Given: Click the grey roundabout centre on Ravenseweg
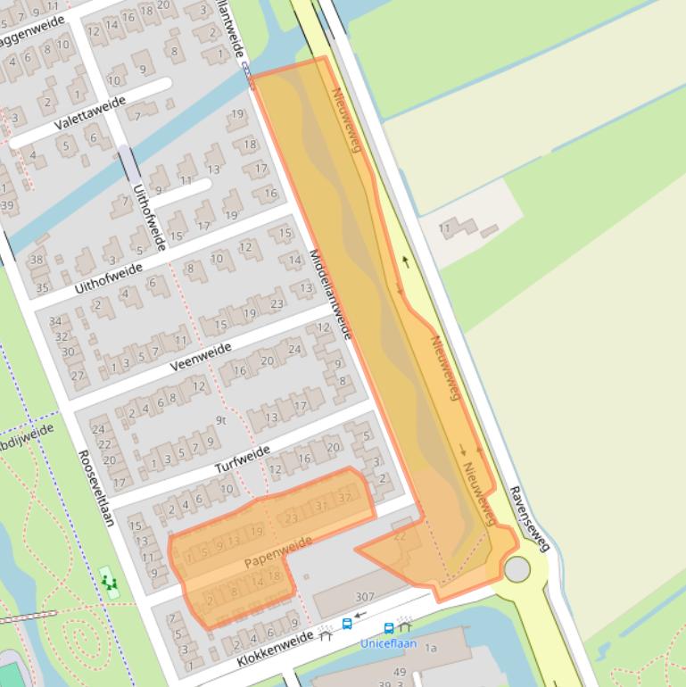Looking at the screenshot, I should [x=517, y=569].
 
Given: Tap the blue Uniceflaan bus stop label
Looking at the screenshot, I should [x=389, y=642].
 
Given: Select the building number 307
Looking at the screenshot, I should [x=365, y=597].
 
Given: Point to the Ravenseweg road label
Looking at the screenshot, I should [x=529, y=518].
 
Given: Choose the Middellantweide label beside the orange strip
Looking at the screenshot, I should [x=331, y=294].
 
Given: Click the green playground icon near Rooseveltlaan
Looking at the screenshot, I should [x=110, y=582].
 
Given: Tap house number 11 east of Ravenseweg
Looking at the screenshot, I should [x=444, y=228].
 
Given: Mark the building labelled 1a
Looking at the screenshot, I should [x=431, y=649].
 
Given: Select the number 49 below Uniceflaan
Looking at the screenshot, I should [x=400, y=672].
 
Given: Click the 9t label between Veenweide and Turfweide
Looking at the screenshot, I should [x=222, y=420].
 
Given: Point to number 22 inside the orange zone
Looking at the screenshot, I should [x=400, y=535].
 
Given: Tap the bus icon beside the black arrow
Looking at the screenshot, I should [x=347, y=625].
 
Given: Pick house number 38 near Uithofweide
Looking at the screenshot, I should [x=37, y=261].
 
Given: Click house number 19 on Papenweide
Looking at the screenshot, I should [x=256, y=532].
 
